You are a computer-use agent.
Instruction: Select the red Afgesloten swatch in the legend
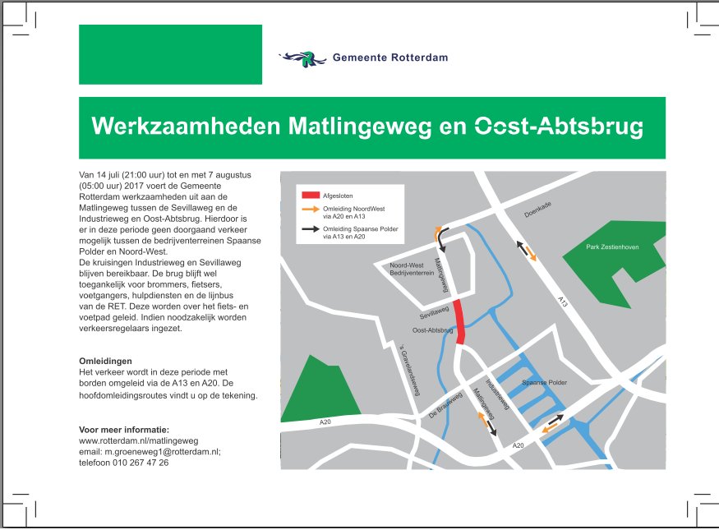[311, 196]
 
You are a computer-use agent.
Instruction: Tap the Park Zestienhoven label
[614, 247]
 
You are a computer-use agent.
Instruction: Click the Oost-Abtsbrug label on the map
[432, 330]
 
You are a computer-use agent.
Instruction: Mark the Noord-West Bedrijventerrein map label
[408, 270]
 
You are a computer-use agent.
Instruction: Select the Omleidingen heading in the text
[104, 361]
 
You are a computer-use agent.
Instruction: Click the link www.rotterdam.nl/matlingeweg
[138, 440]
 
